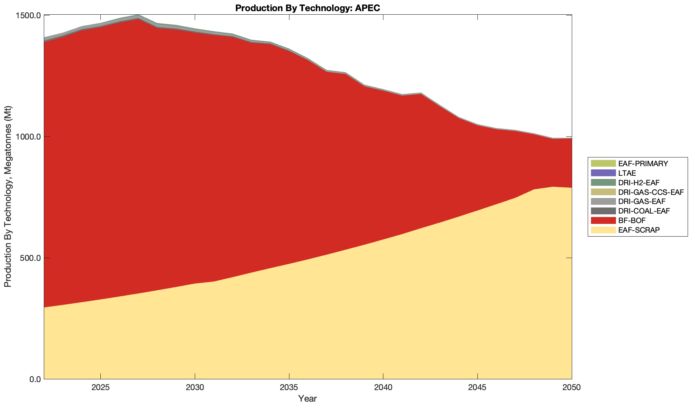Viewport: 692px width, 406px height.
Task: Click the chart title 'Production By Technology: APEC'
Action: pos(308,8)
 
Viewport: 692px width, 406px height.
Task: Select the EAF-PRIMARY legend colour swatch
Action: pos(603,163)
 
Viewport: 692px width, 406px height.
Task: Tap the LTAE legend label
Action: pos(627,173)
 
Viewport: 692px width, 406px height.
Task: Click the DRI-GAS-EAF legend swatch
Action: pos(603,202)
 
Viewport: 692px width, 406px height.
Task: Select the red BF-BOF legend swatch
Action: pos(603,220)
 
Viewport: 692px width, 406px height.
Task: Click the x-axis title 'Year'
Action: pos(308,398)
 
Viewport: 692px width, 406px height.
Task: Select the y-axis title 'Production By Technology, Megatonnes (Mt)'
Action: pos(8,197)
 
